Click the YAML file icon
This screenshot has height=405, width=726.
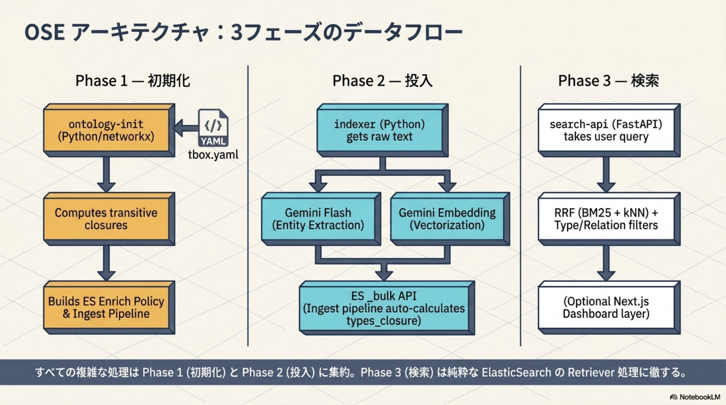click(x=213, y=128)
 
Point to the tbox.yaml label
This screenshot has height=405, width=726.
click(x=213, y=155)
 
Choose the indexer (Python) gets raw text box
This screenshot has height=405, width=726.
click(x=382, y=130)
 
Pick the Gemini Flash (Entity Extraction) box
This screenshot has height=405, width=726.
click(x=321, y=219)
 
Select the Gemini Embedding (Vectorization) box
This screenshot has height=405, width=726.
click(x=450, y=219)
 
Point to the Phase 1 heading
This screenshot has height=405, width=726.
click(x=133, y=81)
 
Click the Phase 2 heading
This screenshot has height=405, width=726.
click(x=382, y=81)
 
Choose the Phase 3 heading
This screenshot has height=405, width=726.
click(x=608, y=81)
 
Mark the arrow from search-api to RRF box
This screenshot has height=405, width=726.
click(x=606, y=175)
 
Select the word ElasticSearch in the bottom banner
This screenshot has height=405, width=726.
click(x=516, y=372)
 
